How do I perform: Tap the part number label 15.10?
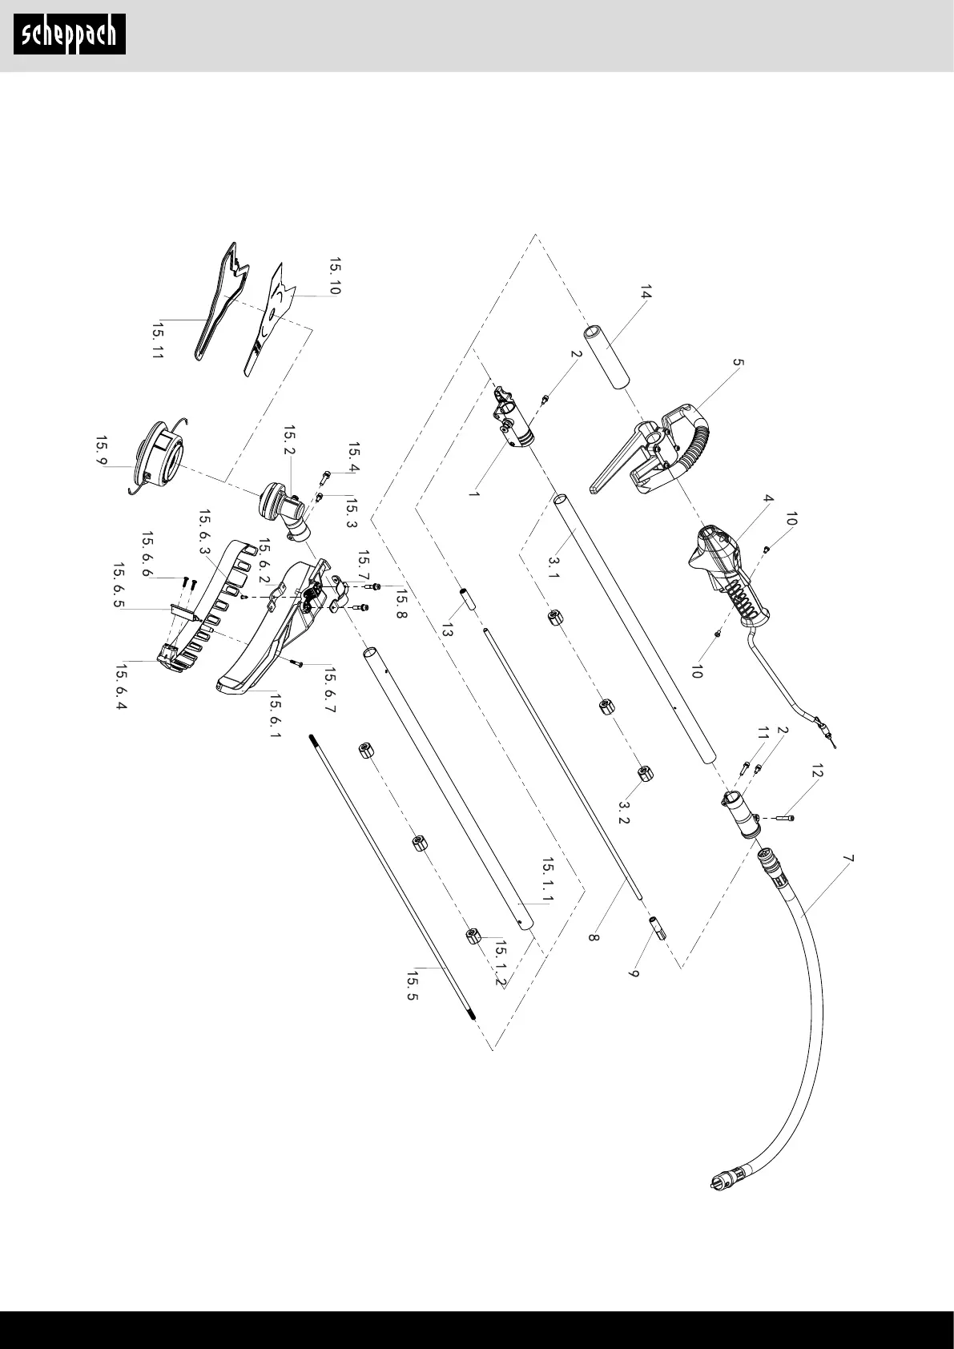(334, 276)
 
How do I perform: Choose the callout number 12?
(816, 774)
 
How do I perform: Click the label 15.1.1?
(548, 880)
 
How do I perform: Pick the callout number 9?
(634, 978)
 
